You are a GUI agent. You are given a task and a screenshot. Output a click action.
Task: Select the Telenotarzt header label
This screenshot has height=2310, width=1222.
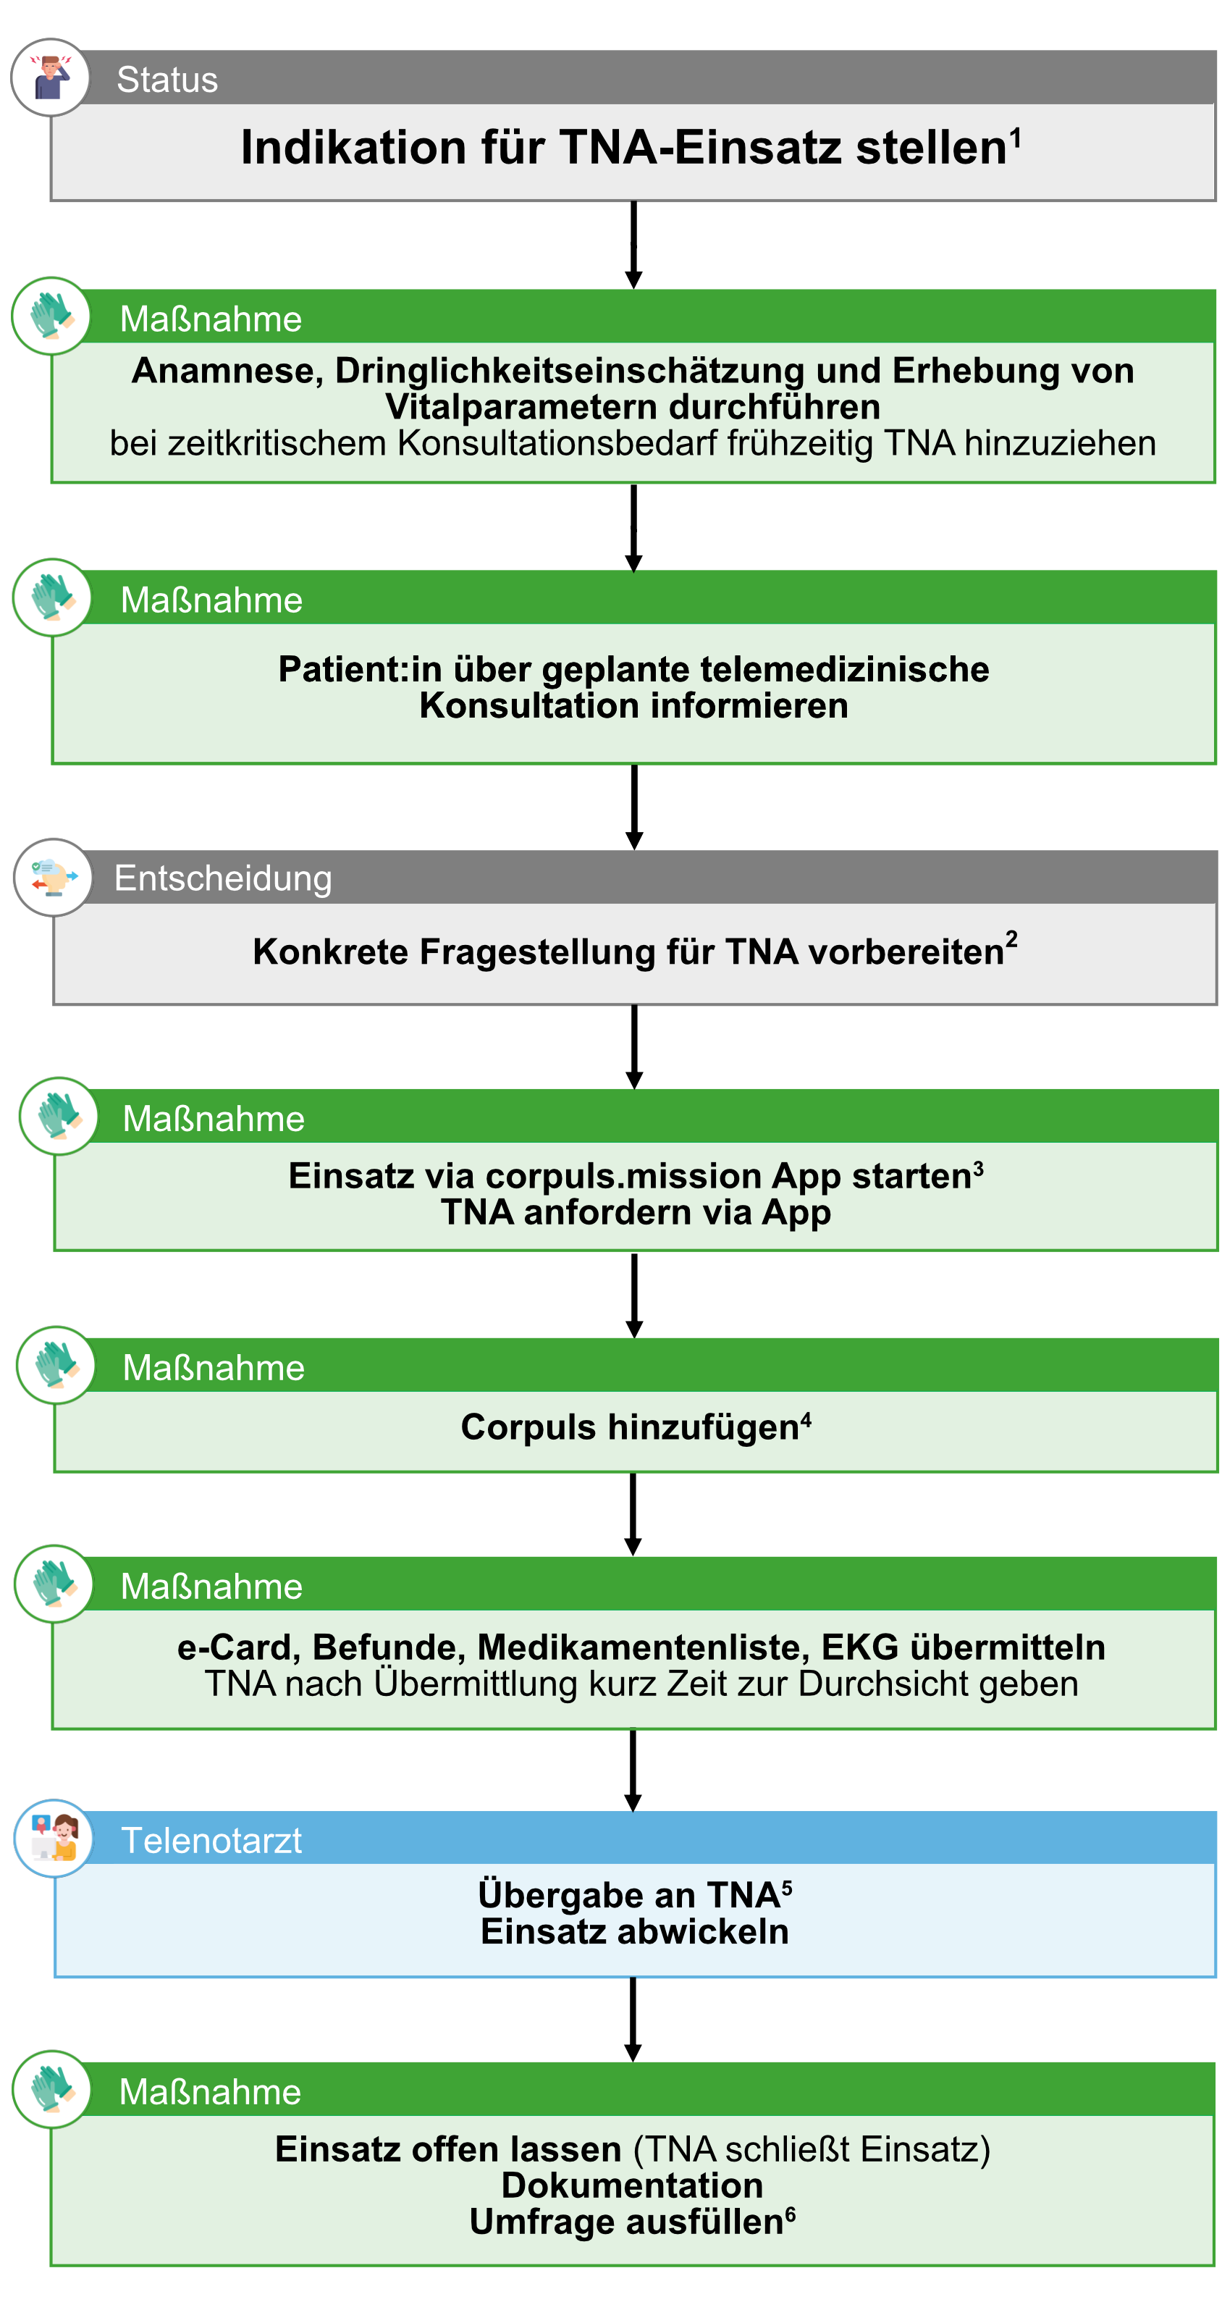coord(211,1840)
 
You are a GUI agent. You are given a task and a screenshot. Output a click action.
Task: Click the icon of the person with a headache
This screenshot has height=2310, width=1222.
coord(50,77)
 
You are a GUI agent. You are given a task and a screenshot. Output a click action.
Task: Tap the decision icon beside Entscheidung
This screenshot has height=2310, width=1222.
coord(53,877)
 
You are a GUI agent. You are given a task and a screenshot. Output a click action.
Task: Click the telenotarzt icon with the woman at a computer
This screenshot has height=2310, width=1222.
coord(54,1839)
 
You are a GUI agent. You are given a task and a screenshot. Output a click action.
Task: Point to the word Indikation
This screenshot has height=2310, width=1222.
coord(354,147)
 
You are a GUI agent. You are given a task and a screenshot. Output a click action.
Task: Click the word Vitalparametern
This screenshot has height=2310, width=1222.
coord(523,407)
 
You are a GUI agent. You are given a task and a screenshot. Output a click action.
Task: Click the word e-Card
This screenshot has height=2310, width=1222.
coord(237,1648)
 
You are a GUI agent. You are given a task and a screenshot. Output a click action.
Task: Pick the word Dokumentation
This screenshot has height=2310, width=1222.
coord(632,2186)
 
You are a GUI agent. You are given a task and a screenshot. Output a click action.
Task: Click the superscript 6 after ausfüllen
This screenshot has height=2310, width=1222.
coord(790,2213)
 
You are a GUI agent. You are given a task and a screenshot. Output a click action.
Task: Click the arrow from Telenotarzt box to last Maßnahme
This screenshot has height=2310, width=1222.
coord(633,2020)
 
